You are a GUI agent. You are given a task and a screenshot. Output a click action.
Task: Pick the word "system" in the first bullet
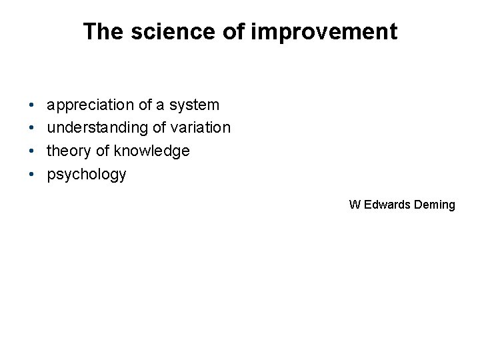(195, 105)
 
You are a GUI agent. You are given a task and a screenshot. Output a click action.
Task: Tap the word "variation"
(201, 128)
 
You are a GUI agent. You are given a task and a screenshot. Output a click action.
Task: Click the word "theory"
(67, 151)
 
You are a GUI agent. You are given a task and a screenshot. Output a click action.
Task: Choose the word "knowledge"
(152, 151)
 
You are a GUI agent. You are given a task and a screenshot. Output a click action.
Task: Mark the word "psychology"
(86, 175)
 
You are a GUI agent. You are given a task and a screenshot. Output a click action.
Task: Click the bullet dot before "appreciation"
(33, 105)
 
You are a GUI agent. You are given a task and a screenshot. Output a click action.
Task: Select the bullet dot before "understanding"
(33, 128)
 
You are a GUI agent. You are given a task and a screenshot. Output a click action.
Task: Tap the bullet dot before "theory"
(33, 151)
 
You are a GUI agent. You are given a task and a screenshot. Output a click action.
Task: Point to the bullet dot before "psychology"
(33, 175)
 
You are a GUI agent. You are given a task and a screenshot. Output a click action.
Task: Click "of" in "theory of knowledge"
(101, 151)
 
